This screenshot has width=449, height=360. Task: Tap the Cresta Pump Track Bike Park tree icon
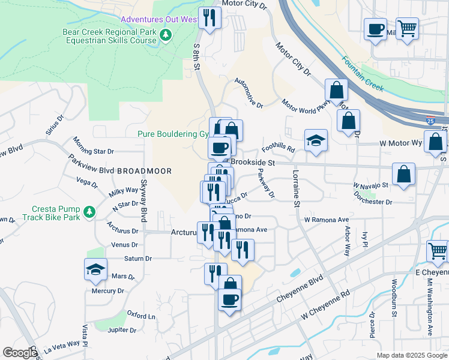tap(89, 212)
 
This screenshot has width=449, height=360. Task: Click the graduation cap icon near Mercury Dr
tap(95, 269)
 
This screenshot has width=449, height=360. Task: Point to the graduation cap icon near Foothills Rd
tap(316, 141)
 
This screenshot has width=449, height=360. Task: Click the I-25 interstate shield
tap(430, 120)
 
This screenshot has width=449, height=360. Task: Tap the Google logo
tap(20, 353)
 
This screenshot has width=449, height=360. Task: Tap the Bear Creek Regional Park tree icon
tap(166, 37)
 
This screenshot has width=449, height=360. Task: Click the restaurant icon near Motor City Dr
tap(209, 17)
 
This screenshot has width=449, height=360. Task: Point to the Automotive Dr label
tap(249, 93)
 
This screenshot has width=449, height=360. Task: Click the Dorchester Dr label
tap(373, 202)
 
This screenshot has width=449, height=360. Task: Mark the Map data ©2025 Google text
tap(411, 355)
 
